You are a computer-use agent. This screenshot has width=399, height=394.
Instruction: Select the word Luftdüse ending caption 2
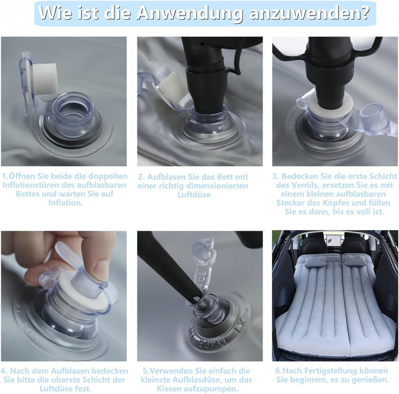tap(194, 195)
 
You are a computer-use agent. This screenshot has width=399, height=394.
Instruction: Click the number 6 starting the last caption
tap(277, 371)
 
